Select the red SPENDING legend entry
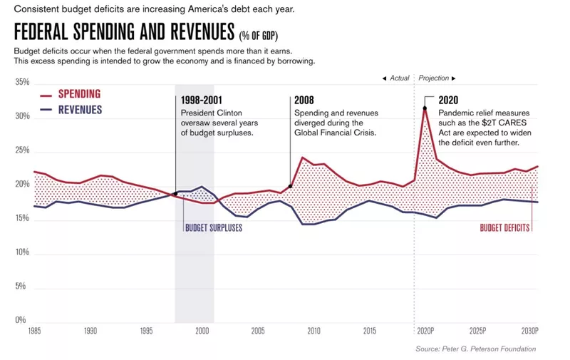78,94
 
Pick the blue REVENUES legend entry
79,110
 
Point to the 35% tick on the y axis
21,83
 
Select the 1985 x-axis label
34,331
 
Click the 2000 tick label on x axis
202,331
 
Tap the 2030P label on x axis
528,331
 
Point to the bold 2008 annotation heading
304,101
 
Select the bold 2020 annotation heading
449,101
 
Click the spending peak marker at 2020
425,108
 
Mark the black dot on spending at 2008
291,187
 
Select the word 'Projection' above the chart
434,78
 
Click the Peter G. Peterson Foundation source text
475,349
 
